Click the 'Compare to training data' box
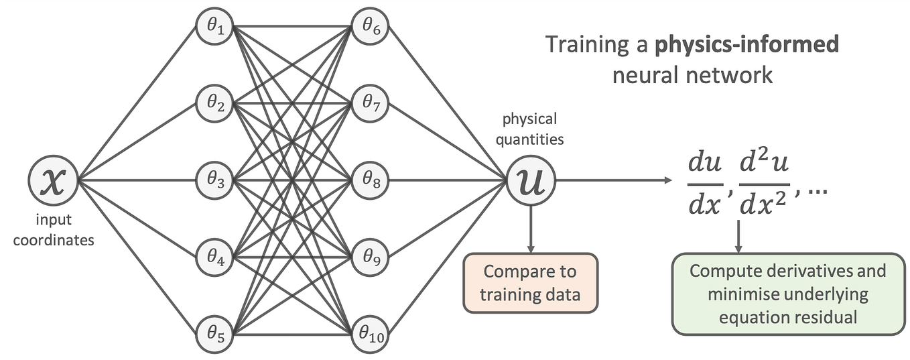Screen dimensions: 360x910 529,282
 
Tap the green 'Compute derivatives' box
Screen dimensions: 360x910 787,294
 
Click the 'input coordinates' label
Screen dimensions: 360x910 53,230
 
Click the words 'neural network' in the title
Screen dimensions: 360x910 692,74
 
